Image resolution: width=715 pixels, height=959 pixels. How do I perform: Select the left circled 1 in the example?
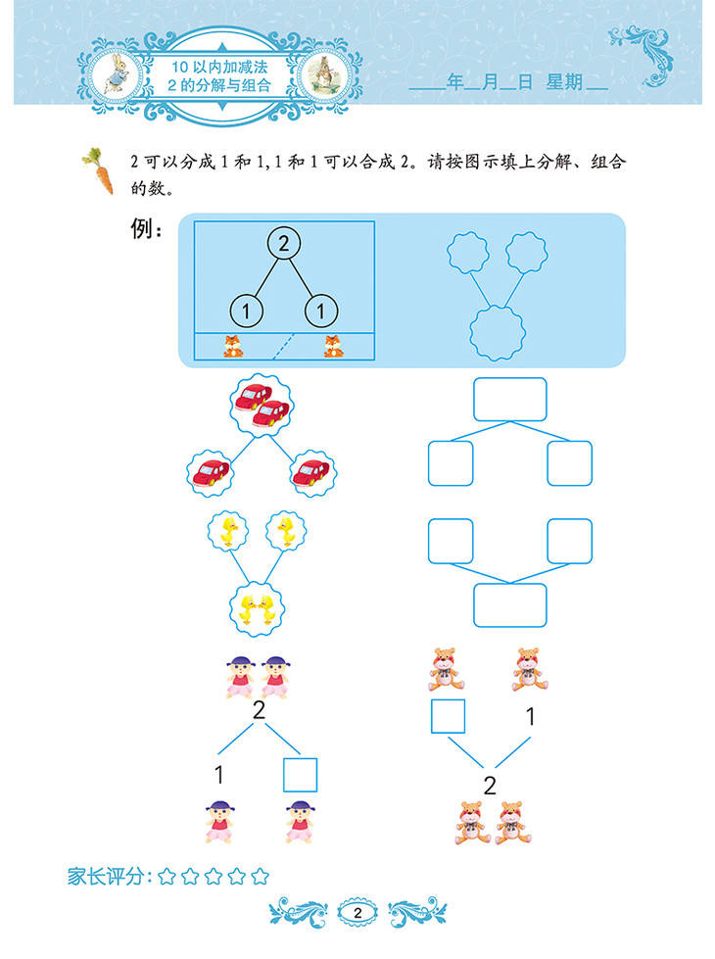[x=247, y=312]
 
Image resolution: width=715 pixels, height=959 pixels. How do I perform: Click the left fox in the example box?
[x=233, y=346]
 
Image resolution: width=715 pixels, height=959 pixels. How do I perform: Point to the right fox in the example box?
[x=333, y=346]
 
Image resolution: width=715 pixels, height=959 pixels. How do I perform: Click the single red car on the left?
[x=212, y=473]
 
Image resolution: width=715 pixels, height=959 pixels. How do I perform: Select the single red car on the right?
[x=312, y=473]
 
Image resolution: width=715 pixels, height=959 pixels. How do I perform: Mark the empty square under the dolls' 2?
[x=300, y=774]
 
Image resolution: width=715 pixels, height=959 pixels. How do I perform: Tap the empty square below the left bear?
[x=448, y=716]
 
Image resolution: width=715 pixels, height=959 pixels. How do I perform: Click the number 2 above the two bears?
[x=490, y=784]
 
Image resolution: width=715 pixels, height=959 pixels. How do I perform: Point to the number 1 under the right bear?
[x=530, y=717]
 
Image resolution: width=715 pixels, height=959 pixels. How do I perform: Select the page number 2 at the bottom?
[x=357, y=913]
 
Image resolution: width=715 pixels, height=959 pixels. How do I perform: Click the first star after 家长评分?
[x=167, y=876]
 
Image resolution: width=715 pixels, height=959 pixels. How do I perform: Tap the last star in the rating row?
[x=260, y=876]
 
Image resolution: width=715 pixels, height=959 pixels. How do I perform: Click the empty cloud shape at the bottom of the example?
[x=497, y=333]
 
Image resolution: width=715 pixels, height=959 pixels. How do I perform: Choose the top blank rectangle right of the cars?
[x=509, y=399]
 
